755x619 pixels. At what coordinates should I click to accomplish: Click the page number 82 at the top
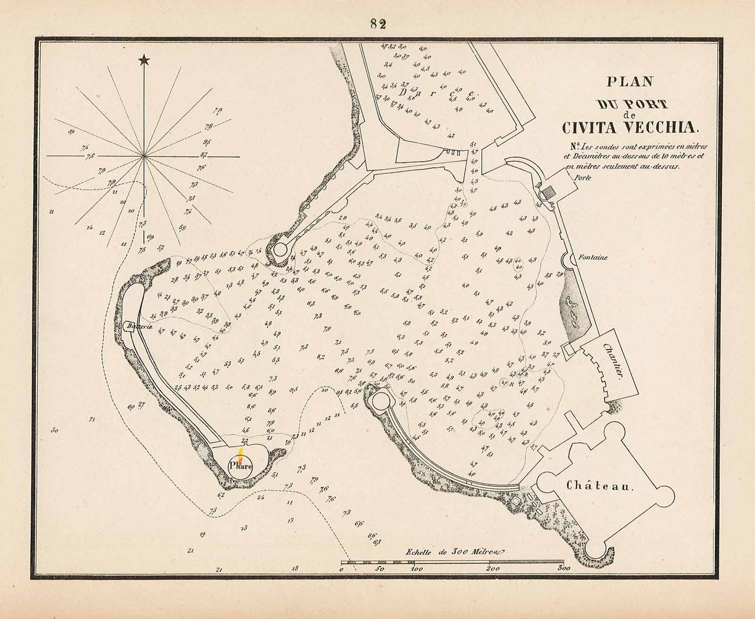(378, 24)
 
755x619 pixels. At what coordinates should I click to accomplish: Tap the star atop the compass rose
(143, 60)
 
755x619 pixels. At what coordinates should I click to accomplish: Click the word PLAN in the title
(631, 83)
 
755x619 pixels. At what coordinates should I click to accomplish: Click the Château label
(600, 486)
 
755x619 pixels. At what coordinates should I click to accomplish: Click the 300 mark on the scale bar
(563, 569)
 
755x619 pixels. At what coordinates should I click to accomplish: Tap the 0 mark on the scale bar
(342, 569)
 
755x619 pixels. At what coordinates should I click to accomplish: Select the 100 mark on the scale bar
(416, 569)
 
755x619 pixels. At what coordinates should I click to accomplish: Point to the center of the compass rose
(143, 156)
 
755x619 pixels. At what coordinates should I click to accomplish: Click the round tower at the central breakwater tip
(378, 401)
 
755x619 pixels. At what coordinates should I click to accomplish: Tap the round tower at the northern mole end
(280, 248)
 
